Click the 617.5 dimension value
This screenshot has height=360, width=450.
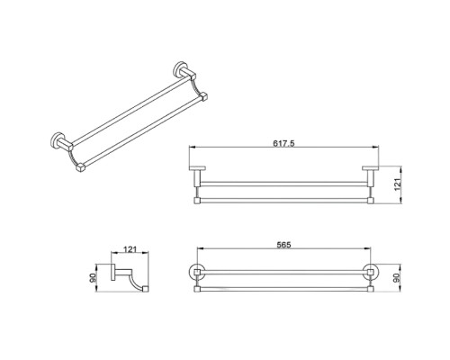[283, 143]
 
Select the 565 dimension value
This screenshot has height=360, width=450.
[283, 245]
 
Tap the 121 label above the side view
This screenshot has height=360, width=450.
[130, 249]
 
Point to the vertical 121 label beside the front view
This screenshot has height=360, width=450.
[398, 184]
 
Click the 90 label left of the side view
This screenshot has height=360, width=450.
[93, 278]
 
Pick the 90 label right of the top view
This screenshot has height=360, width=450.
[398, 277]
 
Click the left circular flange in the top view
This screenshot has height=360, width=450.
[197, 272]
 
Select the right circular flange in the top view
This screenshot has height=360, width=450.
[371, 272]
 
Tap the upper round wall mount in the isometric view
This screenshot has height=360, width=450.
[179, 69]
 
